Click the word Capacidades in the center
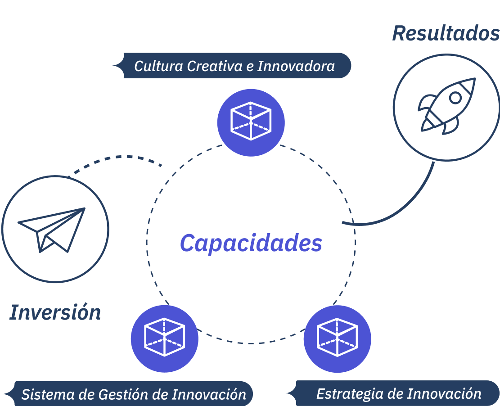[x=251, y=243]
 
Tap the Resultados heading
[x=446, y=33]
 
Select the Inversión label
[x=55, y=312]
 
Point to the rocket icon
[x=447, y=106]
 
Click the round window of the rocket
[x=455, y=98]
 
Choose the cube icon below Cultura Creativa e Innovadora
[x=251, y=121]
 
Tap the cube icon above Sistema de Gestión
[x=165, y=337]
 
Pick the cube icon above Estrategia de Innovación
[x=338, y=337]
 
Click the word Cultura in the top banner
[x=158, y=66]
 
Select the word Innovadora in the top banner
[x=296, y=66]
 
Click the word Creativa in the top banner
[x=215, y=66]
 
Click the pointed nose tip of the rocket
[x=475, y=78]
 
